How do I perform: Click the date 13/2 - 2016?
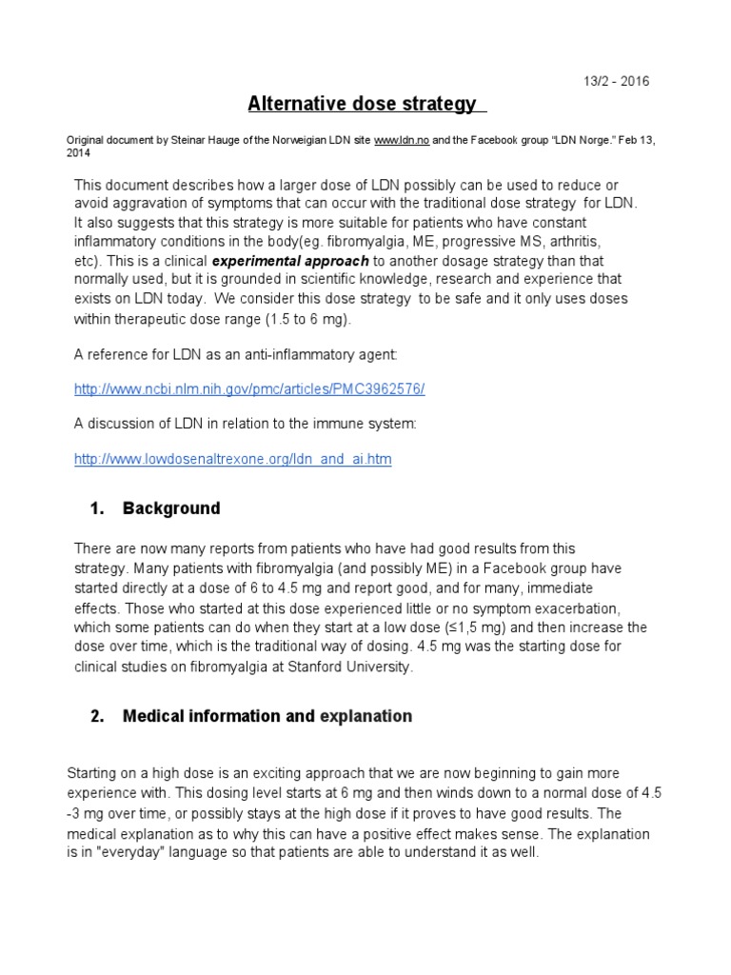tap(617, 81)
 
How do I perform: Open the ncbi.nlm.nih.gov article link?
tap(249, 389)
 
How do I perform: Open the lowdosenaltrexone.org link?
tap(232, 459)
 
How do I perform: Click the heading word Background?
tap(171, 508)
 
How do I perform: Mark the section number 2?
tap(96, 716)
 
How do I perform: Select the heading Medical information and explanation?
tap(267, 716)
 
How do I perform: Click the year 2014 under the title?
tap(80, 152)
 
